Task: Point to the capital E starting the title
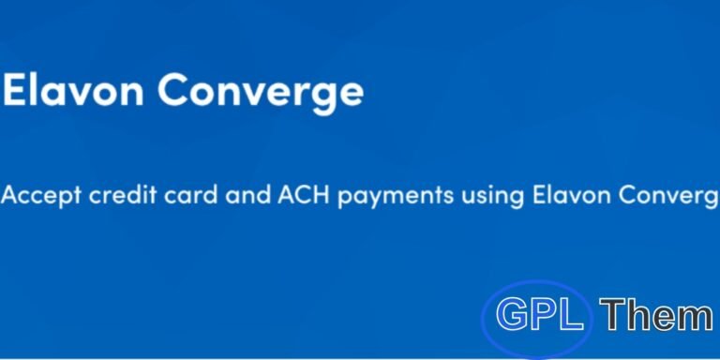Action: (x=16, y=91)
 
